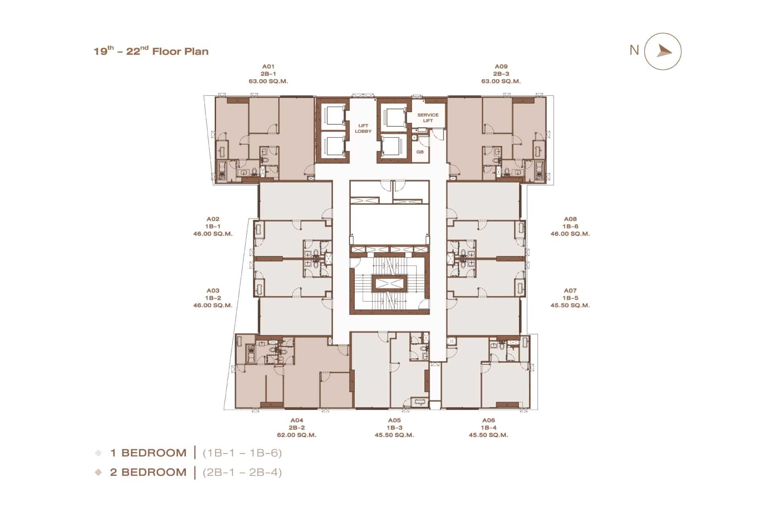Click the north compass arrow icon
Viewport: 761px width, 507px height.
pos(663,51)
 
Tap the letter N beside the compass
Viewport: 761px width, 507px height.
pos(634,50)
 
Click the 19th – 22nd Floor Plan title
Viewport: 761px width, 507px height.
pos(151,51)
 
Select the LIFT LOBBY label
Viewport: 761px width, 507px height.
pos(363,128)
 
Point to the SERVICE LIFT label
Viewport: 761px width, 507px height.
pos(428,118)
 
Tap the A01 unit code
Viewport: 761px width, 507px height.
pos(268,67)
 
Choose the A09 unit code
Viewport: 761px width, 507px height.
pos(501,67)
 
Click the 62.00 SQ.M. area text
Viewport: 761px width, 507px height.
pos(296,435)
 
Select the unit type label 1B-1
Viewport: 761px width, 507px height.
pos(213,226)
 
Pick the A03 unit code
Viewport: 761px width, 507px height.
pos(213,290)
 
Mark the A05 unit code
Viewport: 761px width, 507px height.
pos(394,420)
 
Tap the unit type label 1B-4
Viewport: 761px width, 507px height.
pos(489,428)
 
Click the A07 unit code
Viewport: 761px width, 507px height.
pos(570,290)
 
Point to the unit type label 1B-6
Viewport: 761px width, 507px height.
pos(570,226)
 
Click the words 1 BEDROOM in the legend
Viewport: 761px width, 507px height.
pos(148,453)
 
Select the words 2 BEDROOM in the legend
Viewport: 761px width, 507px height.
pos(148,472)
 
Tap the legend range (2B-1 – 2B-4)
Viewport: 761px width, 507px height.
pos(242,472)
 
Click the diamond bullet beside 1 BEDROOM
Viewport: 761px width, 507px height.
pos(98,453)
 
